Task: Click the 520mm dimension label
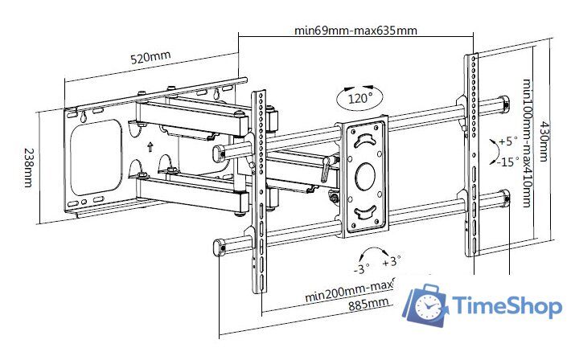(x=150, y=59)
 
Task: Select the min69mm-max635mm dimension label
(x=355, y=31)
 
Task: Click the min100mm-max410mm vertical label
(x=527, y=143)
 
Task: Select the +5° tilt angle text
(x=508, y=141)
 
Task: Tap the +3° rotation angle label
(x=391, y=262)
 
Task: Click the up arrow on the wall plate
(x=150, y=147)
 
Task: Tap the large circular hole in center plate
(x=365, y=174)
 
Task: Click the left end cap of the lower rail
(x=217, y=247)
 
